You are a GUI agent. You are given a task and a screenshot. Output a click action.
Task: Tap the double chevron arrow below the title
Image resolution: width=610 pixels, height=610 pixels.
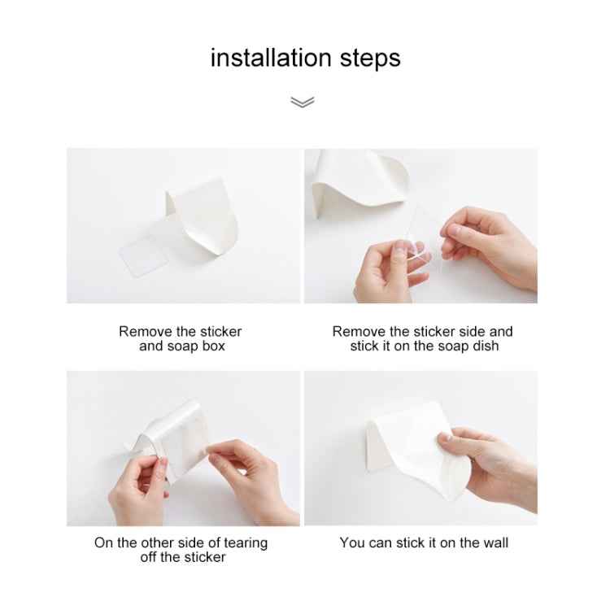303,102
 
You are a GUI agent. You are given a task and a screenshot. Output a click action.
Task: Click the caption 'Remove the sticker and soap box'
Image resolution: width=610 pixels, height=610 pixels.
181,338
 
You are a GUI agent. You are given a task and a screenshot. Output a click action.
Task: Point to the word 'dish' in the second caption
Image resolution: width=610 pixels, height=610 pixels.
485,346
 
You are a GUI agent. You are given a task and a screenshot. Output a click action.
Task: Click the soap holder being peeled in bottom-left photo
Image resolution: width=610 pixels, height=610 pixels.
183,439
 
